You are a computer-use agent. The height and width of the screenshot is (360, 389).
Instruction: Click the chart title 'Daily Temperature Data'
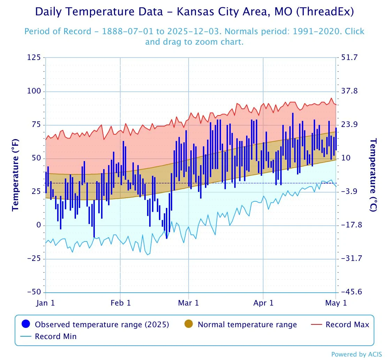[99, 12]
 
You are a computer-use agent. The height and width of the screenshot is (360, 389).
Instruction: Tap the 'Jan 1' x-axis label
[45, 303]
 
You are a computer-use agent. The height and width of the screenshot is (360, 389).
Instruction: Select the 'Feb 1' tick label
[121, 303]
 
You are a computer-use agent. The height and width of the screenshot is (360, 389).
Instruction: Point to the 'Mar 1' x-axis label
[188, 303]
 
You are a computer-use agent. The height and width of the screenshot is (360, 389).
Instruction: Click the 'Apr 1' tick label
[263, 303]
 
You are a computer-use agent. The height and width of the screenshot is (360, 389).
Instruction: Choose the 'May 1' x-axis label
[336, 303]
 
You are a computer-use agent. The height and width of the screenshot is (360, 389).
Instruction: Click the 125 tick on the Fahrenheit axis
[34, 57]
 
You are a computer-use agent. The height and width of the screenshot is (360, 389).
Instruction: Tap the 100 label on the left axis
[34, 91]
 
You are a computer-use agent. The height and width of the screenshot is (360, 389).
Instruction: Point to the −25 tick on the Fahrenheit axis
[34, 258]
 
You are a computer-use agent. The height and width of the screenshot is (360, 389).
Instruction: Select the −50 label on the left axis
[34, 292]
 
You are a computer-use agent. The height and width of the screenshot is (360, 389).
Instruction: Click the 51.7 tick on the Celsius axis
[350, 57]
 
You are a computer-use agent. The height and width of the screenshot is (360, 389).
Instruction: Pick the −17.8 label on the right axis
[352, 225]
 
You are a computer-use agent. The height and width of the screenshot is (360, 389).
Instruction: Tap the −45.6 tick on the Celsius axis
[352, 292]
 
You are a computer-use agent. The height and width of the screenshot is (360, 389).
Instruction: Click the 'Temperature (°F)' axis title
[15, 175]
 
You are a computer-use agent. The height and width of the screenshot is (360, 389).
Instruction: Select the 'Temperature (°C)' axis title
[373, 175]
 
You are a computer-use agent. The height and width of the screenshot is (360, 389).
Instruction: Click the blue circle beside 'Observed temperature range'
[26, 324]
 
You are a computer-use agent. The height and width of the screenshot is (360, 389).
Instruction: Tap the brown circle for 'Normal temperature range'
[189, 324]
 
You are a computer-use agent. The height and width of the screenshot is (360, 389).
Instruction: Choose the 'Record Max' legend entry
[340, 324]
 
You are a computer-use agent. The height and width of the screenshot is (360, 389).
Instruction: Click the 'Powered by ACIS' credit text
[357, 354]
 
